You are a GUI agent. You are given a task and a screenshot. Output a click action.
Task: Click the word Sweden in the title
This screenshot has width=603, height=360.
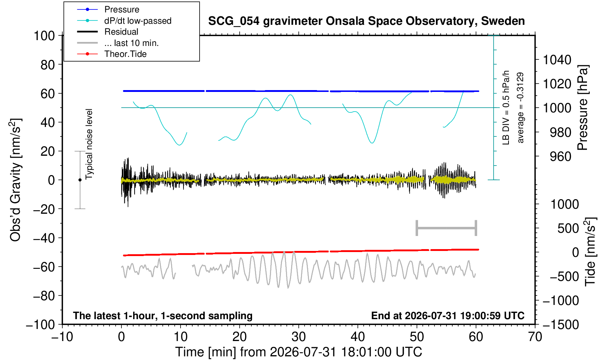503,21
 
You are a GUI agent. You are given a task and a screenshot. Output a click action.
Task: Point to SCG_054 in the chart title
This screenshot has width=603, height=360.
234,21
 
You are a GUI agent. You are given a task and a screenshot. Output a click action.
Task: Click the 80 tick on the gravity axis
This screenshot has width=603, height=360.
48,65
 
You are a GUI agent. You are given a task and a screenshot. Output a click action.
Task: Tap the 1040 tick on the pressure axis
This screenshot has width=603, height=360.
557,60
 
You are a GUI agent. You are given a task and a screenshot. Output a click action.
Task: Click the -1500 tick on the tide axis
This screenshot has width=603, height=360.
561,325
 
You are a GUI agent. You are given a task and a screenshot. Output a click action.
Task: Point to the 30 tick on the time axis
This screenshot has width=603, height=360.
299,337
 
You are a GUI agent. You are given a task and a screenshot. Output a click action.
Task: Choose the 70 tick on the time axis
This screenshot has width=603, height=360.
535,337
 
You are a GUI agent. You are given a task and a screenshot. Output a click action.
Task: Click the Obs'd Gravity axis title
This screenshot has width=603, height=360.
16,180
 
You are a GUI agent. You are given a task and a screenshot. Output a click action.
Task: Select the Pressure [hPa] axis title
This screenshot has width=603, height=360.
583,108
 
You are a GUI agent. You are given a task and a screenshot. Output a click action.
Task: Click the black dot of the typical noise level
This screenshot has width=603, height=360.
80,180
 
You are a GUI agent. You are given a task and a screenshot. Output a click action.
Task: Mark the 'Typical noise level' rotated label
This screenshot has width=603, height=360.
89,144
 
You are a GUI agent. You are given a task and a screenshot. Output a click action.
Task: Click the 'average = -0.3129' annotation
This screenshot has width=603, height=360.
520,108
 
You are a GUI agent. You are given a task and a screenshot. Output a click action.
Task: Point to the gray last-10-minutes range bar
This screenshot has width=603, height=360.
447,228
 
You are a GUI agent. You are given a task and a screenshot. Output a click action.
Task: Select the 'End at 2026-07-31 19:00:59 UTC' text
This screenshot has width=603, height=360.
448,316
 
